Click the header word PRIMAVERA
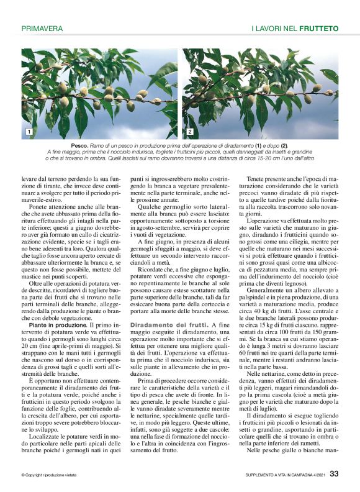pos(42,29)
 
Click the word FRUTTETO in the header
pos(318,29)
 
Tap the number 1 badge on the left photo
pos(29,132)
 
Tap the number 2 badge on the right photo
pos(189,132)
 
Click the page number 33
pos(334,474)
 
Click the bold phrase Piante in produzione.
pos(50,325)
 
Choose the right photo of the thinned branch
pos(260,93)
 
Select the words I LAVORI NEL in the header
pos(274,29)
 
